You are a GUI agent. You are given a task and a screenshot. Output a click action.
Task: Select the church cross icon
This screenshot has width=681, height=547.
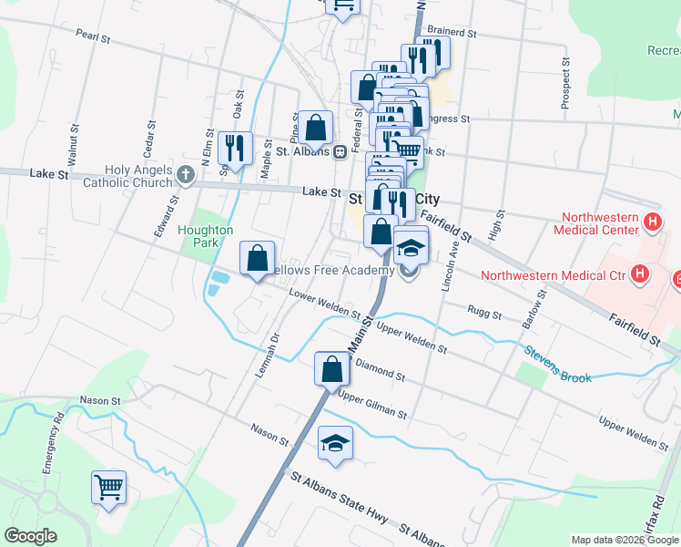coord(187,174)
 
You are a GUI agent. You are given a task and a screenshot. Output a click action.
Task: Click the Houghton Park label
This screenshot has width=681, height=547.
coord(206,237)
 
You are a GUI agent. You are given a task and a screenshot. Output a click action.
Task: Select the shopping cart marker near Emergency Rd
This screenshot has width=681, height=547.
coord(108,487)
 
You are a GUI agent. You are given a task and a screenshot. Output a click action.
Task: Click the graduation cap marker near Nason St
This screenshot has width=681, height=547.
coord(335,444)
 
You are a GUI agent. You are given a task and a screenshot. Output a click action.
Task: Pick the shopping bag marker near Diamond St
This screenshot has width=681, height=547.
coord(332,369)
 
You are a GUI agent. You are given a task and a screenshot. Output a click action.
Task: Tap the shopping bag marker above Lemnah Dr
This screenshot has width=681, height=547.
coord(258,258)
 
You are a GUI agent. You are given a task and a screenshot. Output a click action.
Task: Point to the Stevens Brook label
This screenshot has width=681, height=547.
coord(557,365)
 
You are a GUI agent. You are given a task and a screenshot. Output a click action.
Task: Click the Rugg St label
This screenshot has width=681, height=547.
coord(484,314)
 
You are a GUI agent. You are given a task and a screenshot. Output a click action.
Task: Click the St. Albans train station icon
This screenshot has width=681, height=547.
coord(338,151)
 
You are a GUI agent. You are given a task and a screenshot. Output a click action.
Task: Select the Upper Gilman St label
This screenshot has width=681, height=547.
coord(371,405)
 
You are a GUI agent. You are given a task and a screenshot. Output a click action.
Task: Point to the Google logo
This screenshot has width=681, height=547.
coord(31,536)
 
